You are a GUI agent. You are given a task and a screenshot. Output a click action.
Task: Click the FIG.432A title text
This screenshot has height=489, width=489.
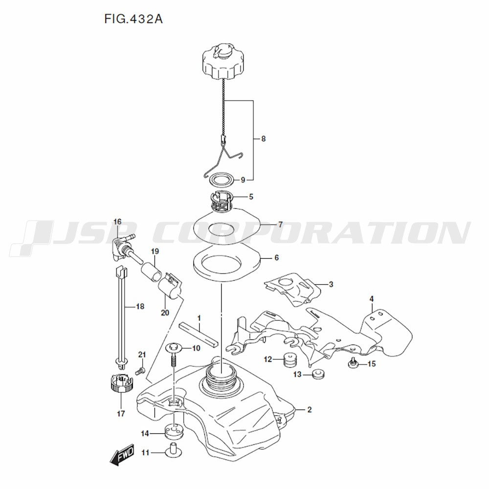[x=133, y=19]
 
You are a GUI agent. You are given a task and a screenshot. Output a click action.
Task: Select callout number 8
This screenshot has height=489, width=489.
[x=263, y=138]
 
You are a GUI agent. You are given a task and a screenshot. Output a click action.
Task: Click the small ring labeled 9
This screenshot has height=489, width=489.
[x=222, y=179]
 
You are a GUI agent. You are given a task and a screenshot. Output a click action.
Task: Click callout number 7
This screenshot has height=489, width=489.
[x=280, y=224]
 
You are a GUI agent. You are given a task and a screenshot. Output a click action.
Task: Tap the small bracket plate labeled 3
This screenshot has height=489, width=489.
[x=292, y=289]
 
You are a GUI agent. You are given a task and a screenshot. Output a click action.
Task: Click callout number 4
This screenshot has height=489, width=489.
[x=372, y=299]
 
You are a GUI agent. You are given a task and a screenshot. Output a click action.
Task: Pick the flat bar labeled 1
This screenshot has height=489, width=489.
[x=199, y=336]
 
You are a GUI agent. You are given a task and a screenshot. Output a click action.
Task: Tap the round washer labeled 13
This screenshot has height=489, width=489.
[x=318, y=374]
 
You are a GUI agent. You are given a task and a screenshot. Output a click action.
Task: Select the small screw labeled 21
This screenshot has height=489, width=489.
[x=140, y=371]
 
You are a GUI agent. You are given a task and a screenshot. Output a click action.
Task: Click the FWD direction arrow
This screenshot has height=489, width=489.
[x=122, y=455]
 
